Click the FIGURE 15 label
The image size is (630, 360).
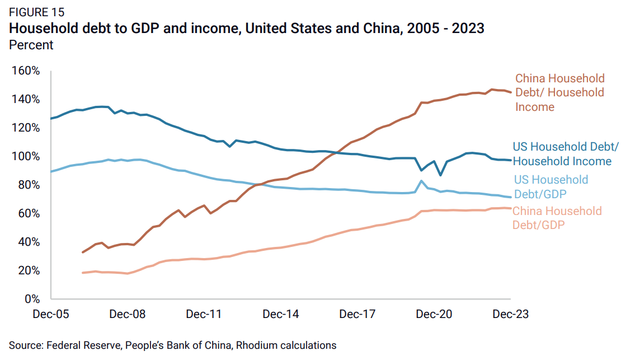tap(36, 12)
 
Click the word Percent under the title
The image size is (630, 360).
tap(31, 45)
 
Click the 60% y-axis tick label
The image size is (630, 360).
tap(29, 213)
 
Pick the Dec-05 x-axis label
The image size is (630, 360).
tap(51, 314)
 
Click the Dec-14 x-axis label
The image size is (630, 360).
tap(281, 314)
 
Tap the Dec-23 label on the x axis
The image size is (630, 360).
tap(510, 314)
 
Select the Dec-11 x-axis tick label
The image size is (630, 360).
tap(204, 314)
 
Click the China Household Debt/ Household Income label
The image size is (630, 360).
tap(560, 92)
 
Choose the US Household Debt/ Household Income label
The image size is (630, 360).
tap(566, 154)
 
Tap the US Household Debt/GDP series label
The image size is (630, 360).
tap(551, 187)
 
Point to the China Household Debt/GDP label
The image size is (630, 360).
tap(557, 218)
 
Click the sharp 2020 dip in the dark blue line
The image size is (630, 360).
tap(440, 175)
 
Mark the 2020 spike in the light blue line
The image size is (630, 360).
tap(421, 181)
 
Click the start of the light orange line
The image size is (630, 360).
tap(83, 273)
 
